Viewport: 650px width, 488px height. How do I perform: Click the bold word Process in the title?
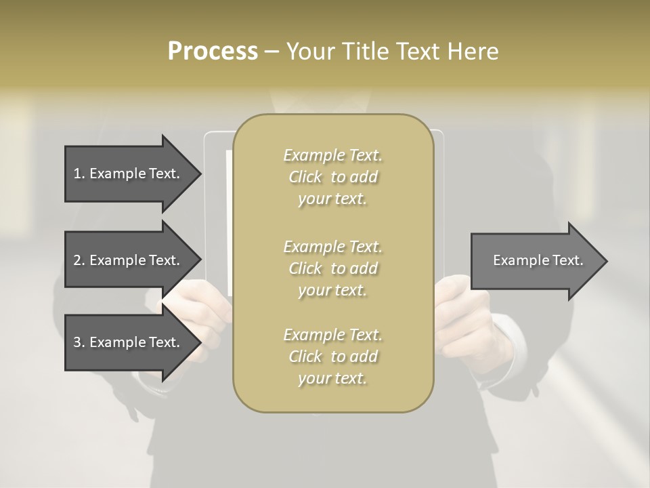coord(213,52)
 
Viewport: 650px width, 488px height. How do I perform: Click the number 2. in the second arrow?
coord(79,260)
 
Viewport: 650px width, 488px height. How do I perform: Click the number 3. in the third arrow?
coord(79,343)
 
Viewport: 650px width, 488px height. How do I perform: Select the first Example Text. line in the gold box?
coord(332,155)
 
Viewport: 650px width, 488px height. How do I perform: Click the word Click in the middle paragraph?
coord(305,268)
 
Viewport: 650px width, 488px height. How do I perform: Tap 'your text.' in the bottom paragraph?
coord(332,379)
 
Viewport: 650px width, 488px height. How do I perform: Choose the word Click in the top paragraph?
coord(305,177)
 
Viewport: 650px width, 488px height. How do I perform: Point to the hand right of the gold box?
coord(467,319)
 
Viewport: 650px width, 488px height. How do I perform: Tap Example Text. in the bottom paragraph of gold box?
coord(332,335)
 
